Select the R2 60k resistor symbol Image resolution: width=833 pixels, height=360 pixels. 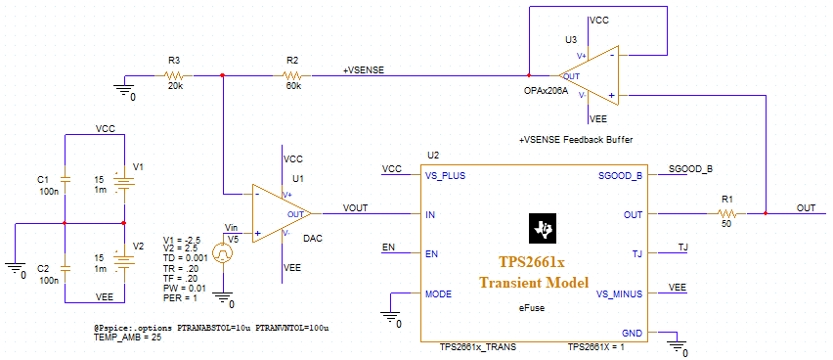click(x=290, y=75)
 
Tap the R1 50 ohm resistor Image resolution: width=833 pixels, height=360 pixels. click(x=726, y=212)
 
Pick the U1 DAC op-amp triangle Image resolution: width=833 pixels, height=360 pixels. click(x=282, y=212)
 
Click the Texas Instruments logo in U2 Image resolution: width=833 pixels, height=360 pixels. click(x=540, y=229)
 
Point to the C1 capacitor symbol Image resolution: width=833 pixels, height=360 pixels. click(x=65, y=180)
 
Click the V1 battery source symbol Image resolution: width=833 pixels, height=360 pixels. click(x=122, y=180)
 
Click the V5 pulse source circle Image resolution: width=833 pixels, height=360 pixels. click(x=223, y=253)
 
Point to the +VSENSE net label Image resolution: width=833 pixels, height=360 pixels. click(x=363, y=70)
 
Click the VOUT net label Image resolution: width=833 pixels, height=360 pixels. click(x=357, y=207)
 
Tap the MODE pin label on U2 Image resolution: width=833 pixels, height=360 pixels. click(x=438, y=292)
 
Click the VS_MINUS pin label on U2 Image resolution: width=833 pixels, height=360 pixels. click(x=618, y=292)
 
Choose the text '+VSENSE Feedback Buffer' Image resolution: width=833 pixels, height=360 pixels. click(x=575, y=140)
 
